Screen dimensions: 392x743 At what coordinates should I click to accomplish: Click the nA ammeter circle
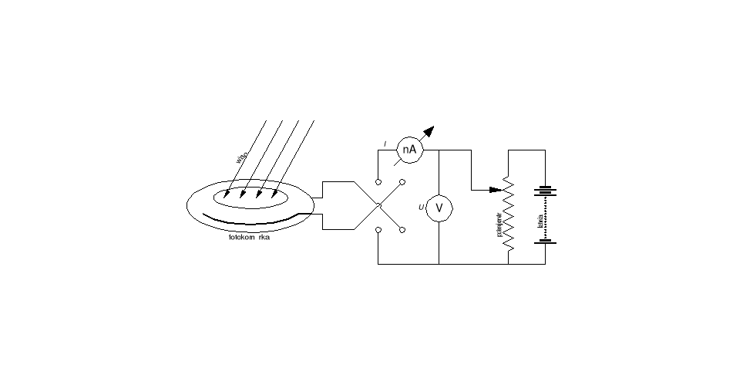tap(410, 150)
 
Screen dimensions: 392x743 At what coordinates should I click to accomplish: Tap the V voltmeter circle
tap(439, 208)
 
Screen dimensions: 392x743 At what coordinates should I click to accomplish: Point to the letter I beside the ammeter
tap(385, 144)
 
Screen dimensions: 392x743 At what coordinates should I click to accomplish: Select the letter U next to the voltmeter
tap(421, 207)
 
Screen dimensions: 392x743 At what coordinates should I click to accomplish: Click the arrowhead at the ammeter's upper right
tap(430, 131)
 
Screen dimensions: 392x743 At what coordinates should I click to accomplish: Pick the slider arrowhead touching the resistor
tap(497, 189)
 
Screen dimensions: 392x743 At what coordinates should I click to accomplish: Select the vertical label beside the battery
tap(539, 224)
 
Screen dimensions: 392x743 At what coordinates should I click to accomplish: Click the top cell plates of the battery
tap(546, 191)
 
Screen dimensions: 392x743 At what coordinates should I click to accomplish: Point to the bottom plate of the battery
tap(546, 242)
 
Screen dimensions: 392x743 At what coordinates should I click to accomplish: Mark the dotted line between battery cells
tap(546, 218)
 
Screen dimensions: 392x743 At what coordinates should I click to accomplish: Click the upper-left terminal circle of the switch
tap(378, 182)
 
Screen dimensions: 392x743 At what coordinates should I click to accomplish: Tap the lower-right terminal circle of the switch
tap(402, 230)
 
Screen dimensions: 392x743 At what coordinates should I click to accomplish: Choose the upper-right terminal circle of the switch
tap(402, 182)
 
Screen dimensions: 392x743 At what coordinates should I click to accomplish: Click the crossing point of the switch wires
tap(378, 206)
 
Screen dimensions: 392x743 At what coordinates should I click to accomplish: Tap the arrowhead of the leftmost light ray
tap(227, 194)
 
